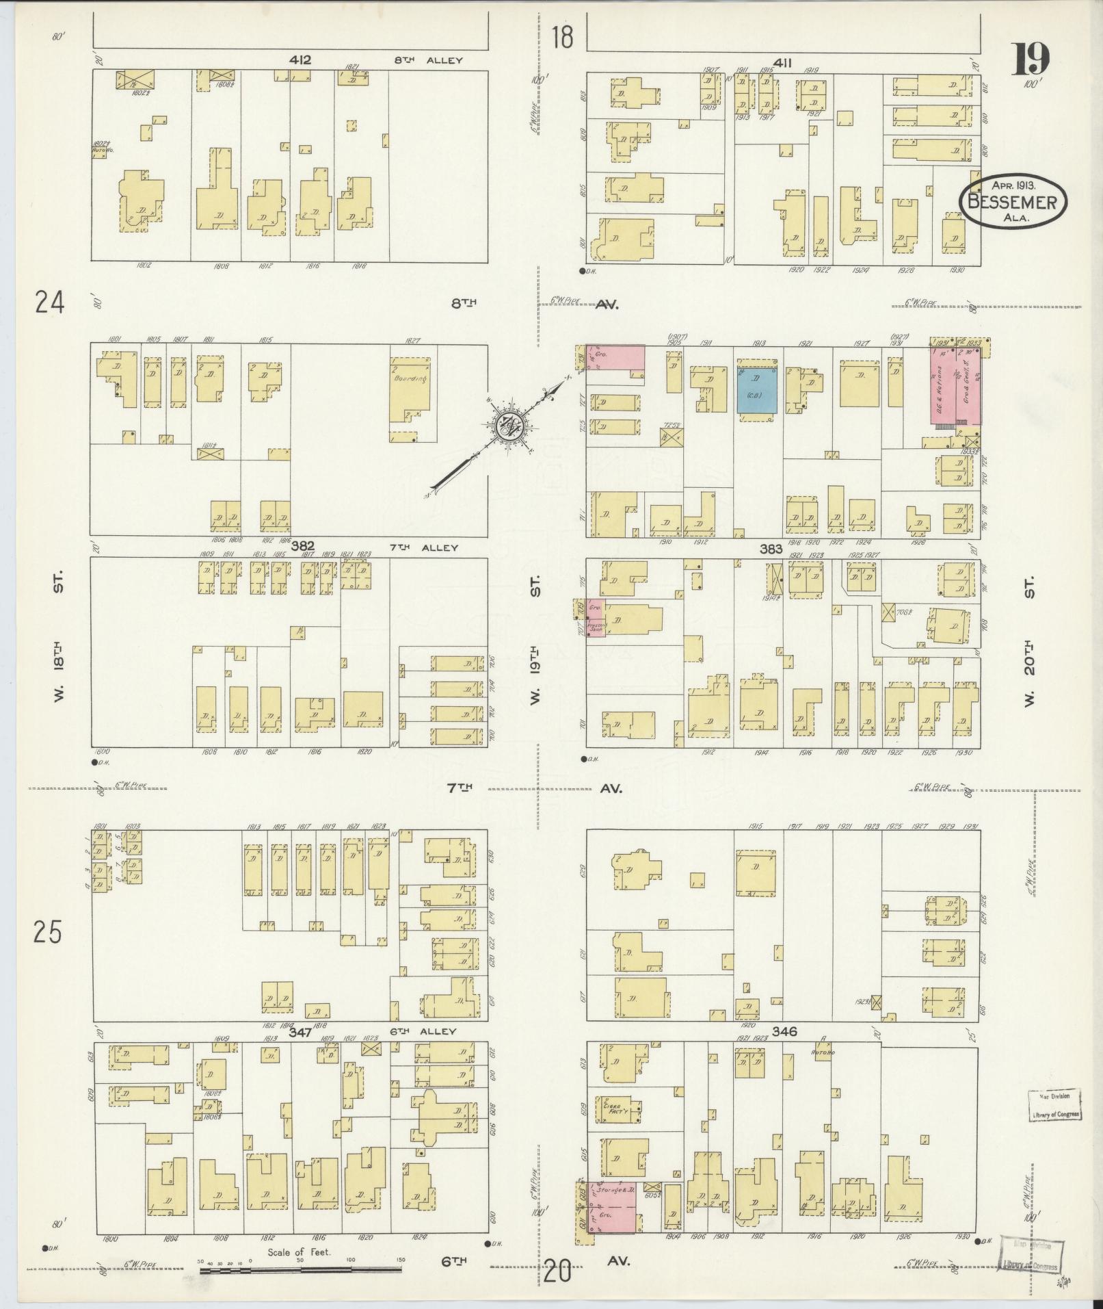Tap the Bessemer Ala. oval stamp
pyautogui.click(x=1013, y=201)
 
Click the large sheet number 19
pyautogui.click(x=1031, y=60)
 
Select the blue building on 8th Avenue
pyautogui.click(x=756, y=389)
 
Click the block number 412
pyautogui.click(x=300, y=60)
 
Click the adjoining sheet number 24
pyautogui.click(x=50, y=302)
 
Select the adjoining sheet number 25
pyautogui.click(x=48, y=933)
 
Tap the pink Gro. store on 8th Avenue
pyautogui.click(x=615, y=357)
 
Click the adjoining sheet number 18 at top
pyautogui.click(x=563, y=37)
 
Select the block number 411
pyautogui.click(x=783, y=64)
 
